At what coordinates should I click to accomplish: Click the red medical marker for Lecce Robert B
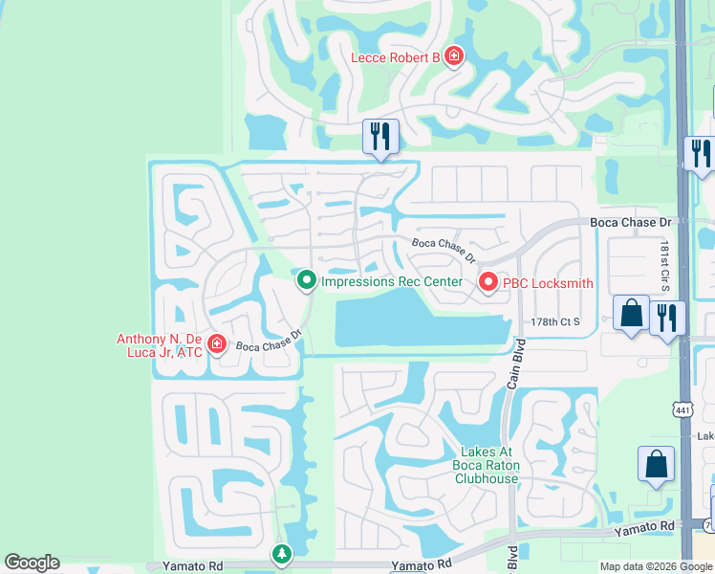click(x=454, y=56)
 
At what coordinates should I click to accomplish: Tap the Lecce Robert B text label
click(x=395, y=57)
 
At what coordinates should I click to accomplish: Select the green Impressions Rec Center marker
click(x=306, y=280)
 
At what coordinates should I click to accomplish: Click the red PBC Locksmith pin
click(x=487, y=282)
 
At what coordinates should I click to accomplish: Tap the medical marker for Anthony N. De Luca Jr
click(x=217, y=344)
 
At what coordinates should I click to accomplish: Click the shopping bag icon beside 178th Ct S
click(x=631, y=313)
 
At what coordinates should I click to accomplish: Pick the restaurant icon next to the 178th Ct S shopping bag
click(x=667, y=316)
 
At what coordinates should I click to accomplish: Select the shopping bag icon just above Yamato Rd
click(x=657, y=465)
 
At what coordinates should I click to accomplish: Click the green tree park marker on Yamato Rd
click(x=281, y=554)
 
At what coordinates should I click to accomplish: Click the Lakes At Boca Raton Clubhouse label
click(x=487, y=465)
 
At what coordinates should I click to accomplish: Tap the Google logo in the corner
click(x=32, y=563)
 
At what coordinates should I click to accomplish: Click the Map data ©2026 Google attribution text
click(x=656, y=566)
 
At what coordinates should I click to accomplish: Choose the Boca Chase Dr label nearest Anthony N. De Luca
click(x=269, y=341)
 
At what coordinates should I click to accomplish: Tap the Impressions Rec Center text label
click(x=392, y=281)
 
